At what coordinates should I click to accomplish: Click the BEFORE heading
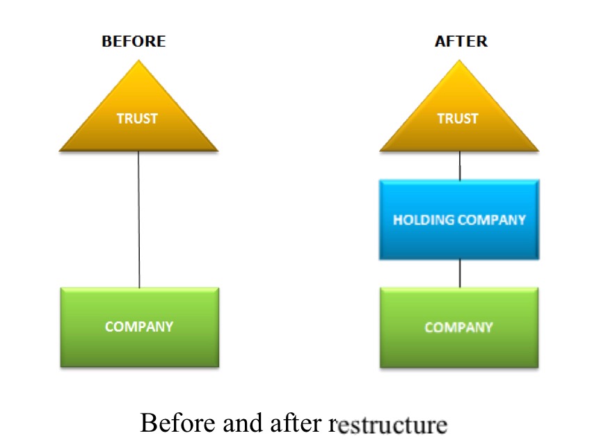pyautogui.click(x=134, y=41)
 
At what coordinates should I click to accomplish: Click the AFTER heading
pyautogui.click(x=461, y=41)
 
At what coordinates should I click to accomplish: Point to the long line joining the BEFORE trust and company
pyautogui.click(x=139, y=219)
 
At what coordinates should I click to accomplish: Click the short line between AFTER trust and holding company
pyautogui.click(x=460, y=165)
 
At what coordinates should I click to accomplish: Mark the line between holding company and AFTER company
pyautogui.click(x=460, y=273)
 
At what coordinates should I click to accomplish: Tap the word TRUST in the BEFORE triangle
pyautogui.click(x=137, y=118)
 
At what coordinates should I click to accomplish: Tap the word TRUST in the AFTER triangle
pyautogui.click(x=458, y=118)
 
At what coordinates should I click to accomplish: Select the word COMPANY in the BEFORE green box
pyautogui.click(x=139, y=327)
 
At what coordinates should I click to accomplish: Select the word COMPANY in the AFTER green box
pyautogui.click(x=459, y=327)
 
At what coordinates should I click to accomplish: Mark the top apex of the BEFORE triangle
pyautogui.click(x=139, y=61)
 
